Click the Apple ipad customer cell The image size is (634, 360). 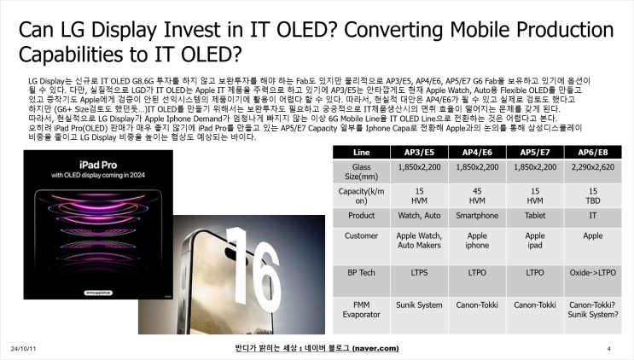tap(535, 241)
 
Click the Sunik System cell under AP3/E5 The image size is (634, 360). tap(420, 304)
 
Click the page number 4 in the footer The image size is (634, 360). tap(609, 349)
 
